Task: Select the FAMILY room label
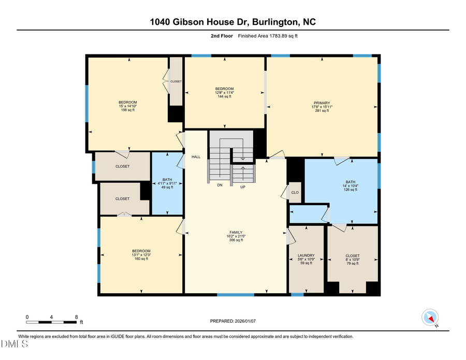pyautogui.click(x=236, y=233)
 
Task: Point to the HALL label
pyautogui.click(x=196, y=156)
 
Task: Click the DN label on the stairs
pyautogui.click(x=220, y=185)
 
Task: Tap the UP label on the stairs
pyautogui.click(x=242, y=187)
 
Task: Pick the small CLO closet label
pyautogui.click(x=295, y=192)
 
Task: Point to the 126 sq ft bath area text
pyautogui.click(x=351, y=190)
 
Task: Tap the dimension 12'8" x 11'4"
pyautogui.click(x=225, y=93)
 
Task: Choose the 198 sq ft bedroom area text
pyautogui.click(x=127, y=110)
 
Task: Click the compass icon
pyautogui.click(x=430, y=317)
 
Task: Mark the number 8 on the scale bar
pyautogui.click(x=77, y=317)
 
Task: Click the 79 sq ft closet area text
pyautogui.click(x=352, y=263)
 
